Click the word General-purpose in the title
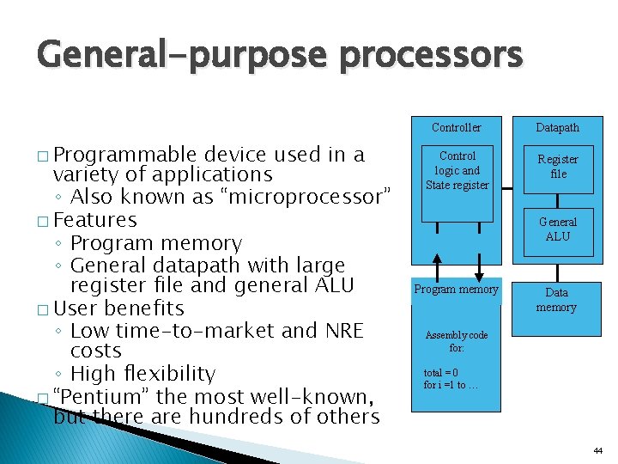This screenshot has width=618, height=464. click(172, 56)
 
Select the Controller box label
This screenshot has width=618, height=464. click(456, 127)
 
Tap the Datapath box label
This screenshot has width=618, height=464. click(557, 127)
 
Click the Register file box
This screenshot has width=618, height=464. click(557, 167)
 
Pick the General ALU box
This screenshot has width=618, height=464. click(557, 229)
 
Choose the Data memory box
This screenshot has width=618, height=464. click(556, 300)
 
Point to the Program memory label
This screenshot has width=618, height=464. click(456, 290)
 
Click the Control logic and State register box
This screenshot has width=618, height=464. click(457, 170)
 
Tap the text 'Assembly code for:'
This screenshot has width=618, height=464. click(456, 342)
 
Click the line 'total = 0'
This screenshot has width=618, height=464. click(441, 373)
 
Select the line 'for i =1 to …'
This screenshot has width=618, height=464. click(451, 385)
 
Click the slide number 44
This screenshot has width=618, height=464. click(597, 451)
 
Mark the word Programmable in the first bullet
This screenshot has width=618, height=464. click(128, 156)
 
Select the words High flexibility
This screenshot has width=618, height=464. click(142, 374)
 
